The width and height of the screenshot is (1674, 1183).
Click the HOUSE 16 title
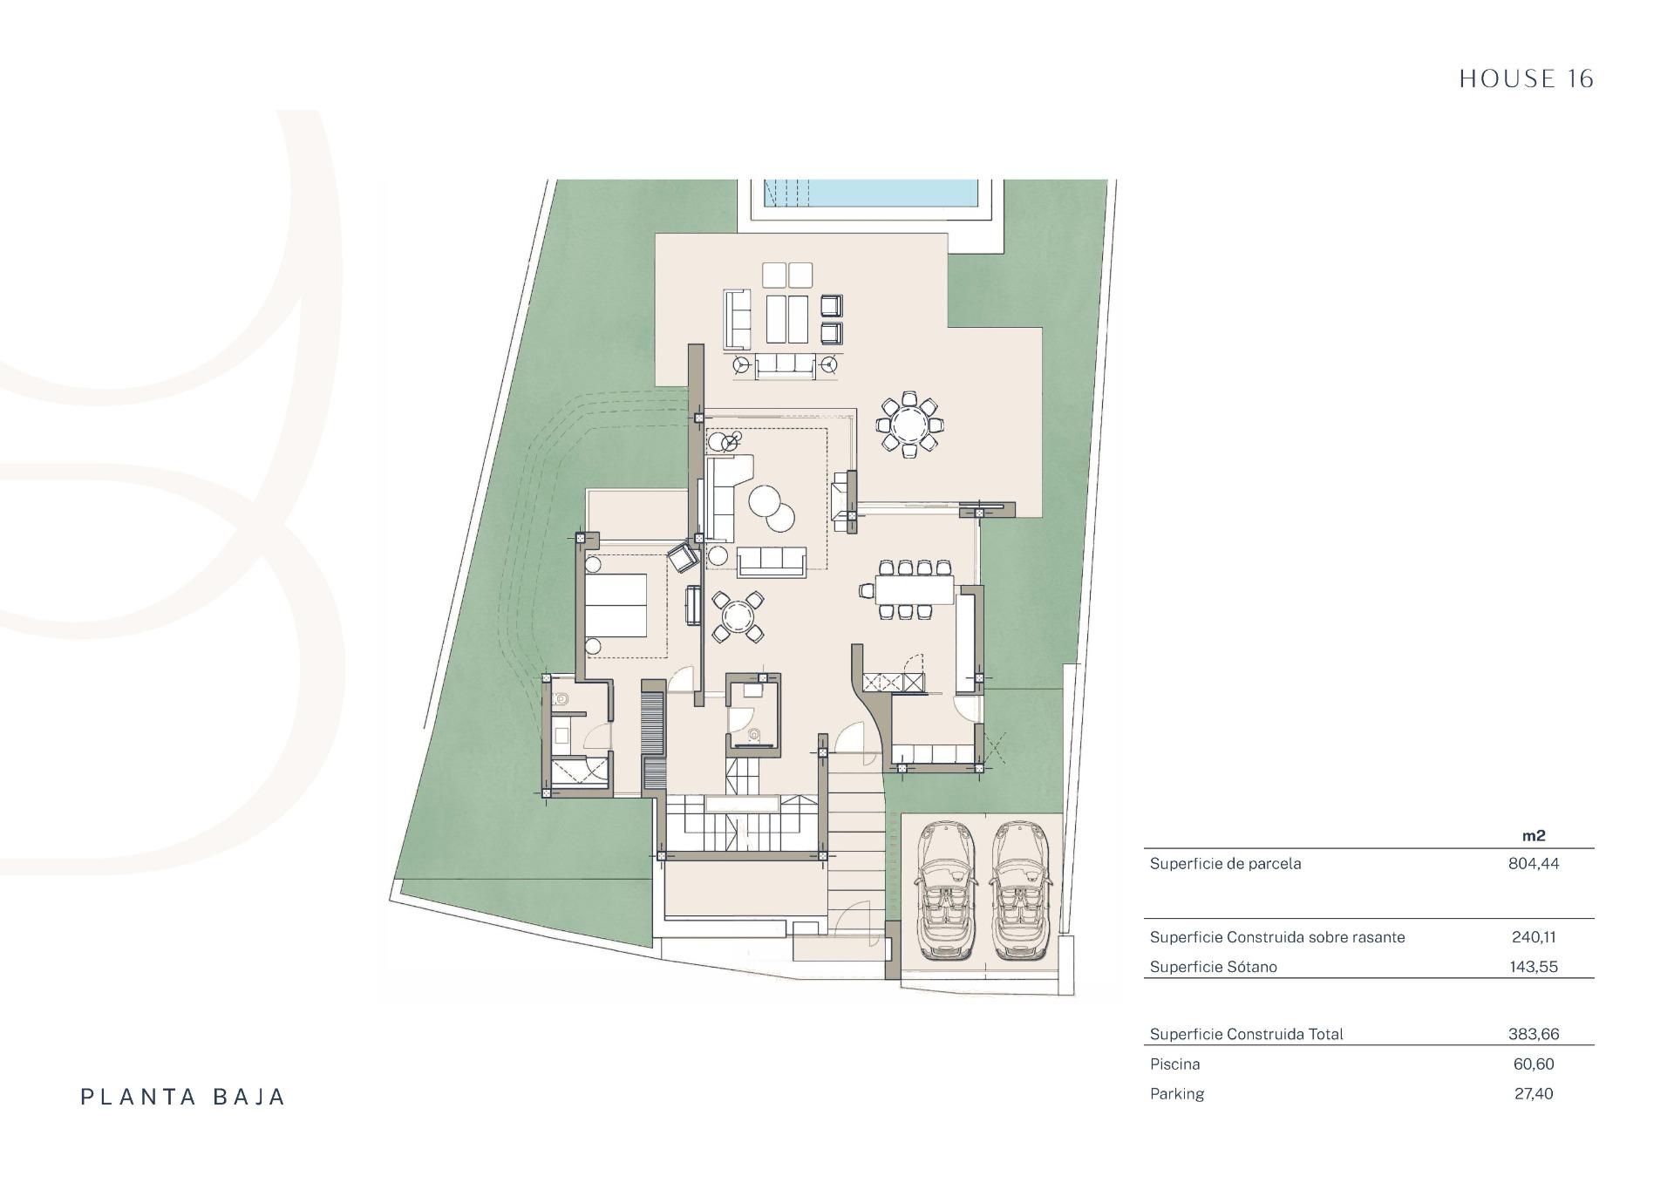pyautogui.click(x=1526, y=79)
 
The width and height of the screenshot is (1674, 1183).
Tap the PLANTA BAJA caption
pyautogui.click(x=183, y=1097)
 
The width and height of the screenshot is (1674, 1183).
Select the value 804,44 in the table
pyautogui.click(x=1534, y=864)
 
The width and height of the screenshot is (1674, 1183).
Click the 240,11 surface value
pyautogui.click(x=1534, y=937)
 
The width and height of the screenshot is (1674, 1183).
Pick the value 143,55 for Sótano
pyautogui.click(x=1534, y=967)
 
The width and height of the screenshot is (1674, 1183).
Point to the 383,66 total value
pyautogui.click(x=1534, y=1035)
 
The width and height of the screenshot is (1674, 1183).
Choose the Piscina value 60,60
pyautogui.click(x=1534, y=1064)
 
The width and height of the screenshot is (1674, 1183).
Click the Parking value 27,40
pyautogui.click(x=1534, y=1094)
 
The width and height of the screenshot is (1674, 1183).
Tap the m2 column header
pyautogui.click(x=1534, y=835)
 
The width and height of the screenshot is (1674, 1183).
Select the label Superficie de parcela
pyautogui.click(x=1225, y=864)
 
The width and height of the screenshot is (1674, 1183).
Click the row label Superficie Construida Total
pyautogui.click(x=1246, y=1035)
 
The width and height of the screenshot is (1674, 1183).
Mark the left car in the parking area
pyautogui.click(x=945, y=890)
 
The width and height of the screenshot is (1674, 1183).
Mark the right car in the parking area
pyautogui.click(x=1022, y=890)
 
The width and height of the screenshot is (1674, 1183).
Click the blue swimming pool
pyautogui.click(x=871, y=193)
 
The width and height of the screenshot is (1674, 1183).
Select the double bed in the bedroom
pyautogui.click(x=616, y=605)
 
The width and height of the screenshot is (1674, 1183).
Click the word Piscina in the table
pyautogui.click(x=1174, y=1064)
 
